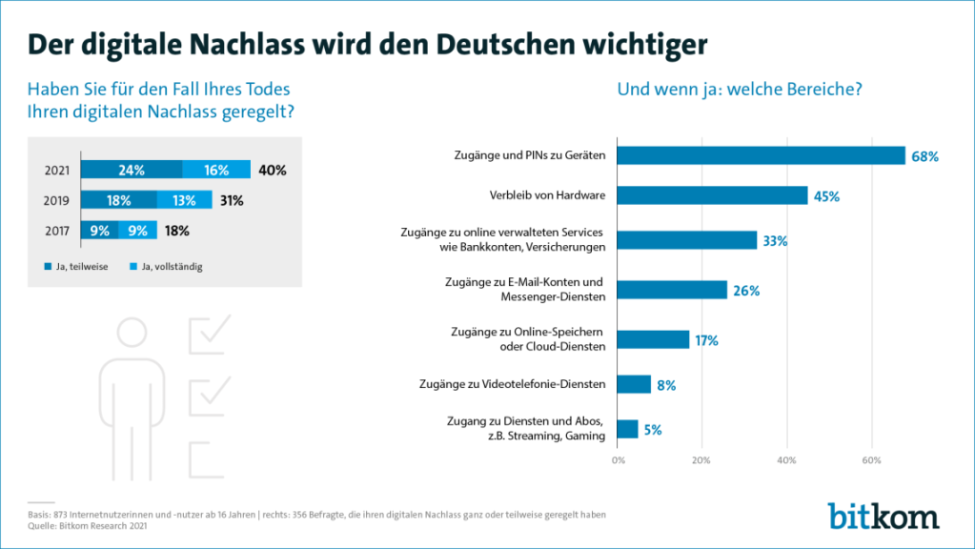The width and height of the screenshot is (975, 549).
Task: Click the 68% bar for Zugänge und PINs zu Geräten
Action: click(x=761, y=155)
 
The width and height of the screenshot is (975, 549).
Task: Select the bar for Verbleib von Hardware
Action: click(x=712, y=196)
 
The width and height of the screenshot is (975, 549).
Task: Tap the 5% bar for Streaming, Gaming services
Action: click(x=628, y=429)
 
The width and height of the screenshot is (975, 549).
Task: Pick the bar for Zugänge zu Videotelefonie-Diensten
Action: click(x=634, y=384)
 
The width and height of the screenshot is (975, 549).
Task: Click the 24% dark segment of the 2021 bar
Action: click(x=131, y=170)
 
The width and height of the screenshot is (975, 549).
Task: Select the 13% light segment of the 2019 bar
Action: click(x=184, y=200)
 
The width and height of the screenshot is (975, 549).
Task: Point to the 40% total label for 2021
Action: click(x=272, y=170)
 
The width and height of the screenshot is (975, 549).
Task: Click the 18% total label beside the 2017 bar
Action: click(x=176, y=230)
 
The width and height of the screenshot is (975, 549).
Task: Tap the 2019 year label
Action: click(x=56, y=200)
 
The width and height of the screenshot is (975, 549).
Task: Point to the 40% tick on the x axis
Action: click(x=786, y=461)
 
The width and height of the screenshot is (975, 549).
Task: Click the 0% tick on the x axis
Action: click(x=618, y=461)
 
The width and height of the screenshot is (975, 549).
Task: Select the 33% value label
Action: click(x=774, y=241)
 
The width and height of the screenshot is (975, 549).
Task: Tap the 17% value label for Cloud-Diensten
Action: click(x=706, y=340)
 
